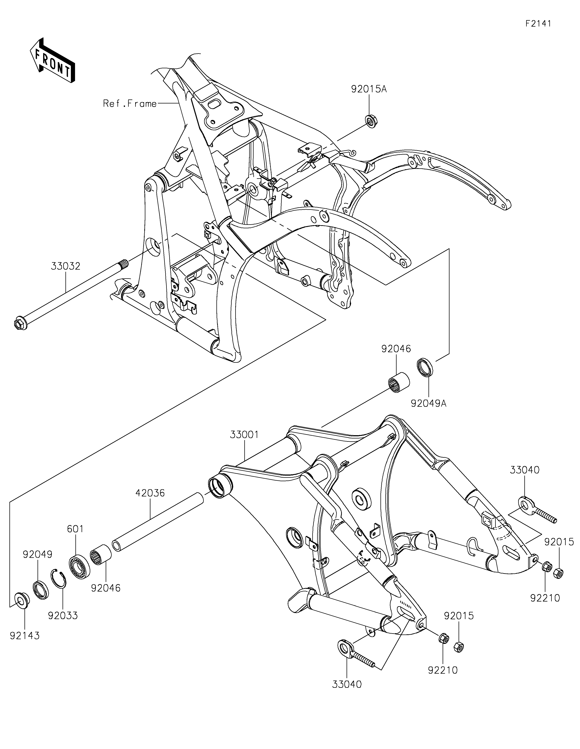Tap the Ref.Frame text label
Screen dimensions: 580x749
coord(130,104)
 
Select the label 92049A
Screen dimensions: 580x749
coord(429,404)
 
